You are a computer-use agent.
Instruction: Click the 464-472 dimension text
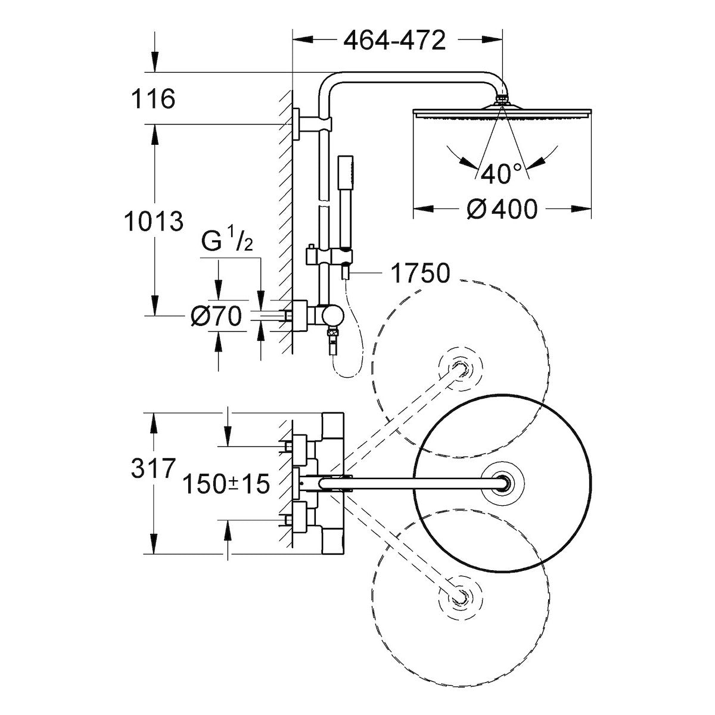tap(395, 41)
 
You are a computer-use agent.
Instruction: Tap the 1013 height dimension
tap(154, 222)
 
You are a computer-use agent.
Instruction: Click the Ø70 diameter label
tap(216, 316)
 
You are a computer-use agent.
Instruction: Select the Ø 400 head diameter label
tap(502, 209)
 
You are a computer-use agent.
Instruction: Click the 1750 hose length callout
tap(419, 273)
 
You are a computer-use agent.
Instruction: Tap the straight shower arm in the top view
tap(417, 483)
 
